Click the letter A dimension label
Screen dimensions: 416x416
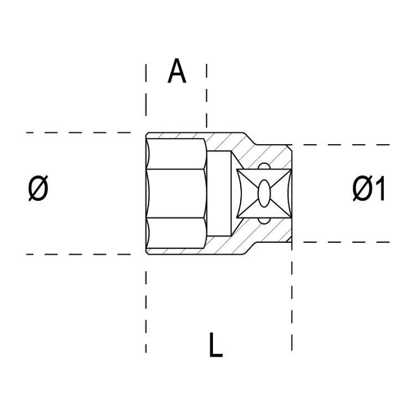coord(177,72)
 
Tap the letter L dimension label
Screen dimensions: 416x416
coord(216,344)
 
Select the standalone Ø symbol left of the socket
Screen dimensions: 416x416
coord(38,190)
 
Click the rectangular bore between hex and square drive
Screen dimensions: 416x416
coord(221,194)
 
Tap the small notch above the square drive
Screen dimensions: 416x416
coord(264,165)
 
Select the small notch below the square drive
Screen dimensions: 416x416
coord(264,222)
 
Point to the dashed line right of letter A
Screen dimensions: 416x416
coord(206,94)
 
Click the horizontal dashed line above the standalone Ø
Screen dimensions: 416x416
coord(78,133)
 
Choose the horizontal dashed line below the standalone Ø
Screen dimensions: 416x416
coord(78,255)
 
